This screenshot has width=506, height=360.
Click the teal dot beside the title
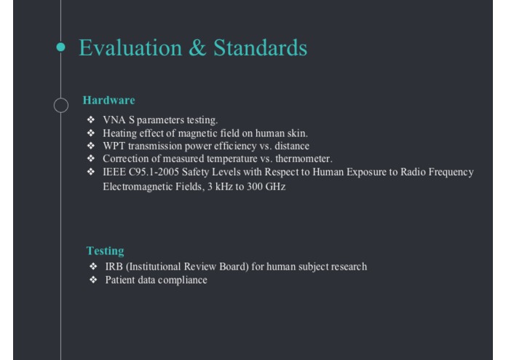tap(60, 47)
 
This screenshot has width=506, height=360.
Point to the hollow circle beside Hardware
tap(60, 105)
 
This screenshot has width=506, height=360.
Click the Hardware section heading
tap(108, 100)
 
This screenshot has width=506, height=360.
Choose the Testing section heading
tap(105, 251)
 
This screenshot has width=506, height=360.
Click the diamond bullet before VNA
tap(90, 120)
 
